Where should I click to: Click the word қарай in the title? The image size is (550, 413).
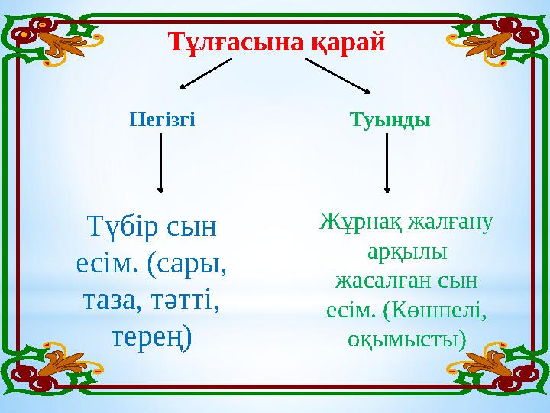(348, 40)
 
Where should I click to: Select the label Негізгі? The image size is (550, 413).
(162, 120)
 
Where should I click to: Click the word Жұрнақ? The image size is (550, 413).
(359, 223)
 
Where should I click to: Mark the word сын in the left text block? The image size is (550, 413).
(195, 228)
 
